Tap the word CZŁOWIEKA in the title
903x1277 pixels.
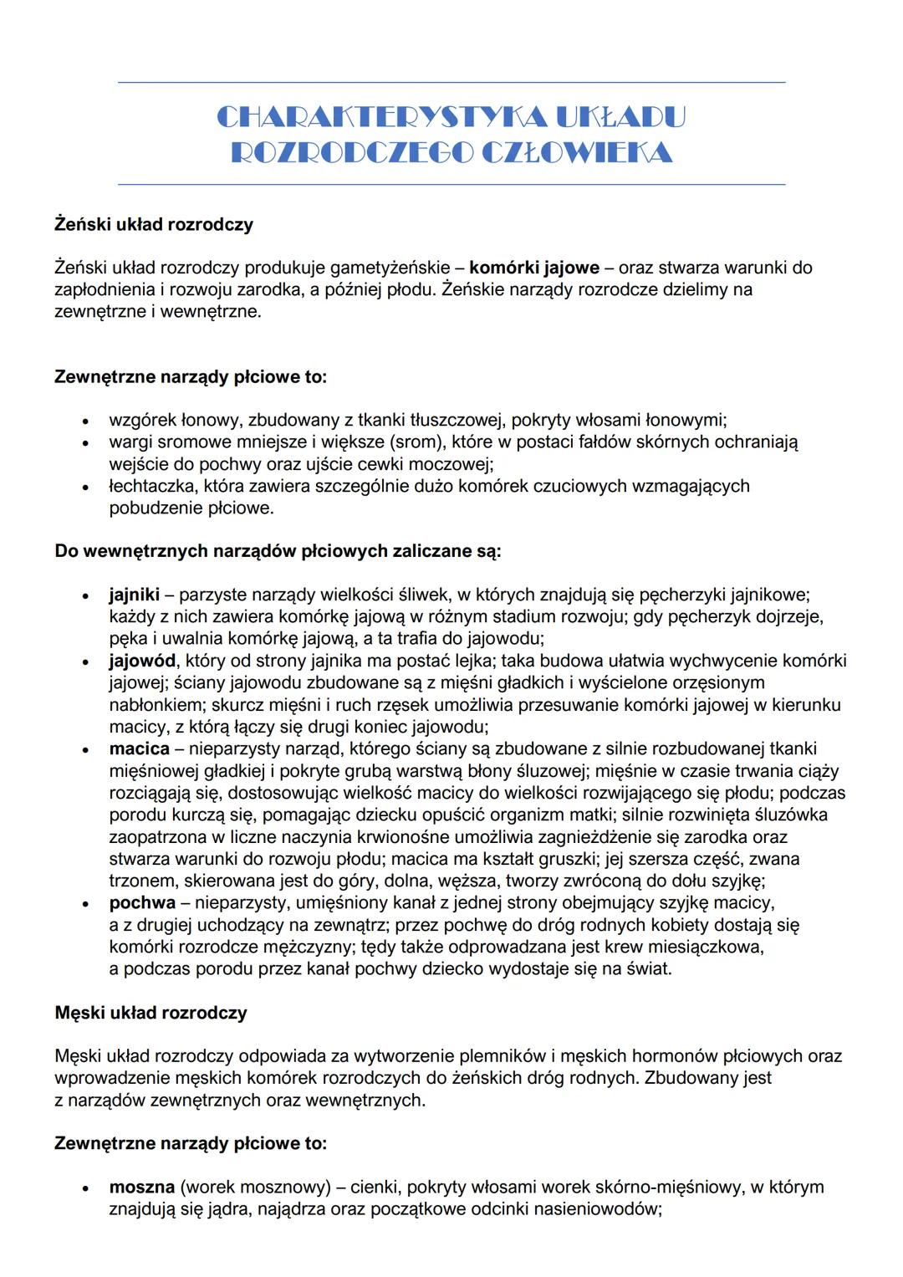(578, 153)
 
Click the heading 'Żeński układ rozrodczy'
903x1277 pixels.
(154, 224)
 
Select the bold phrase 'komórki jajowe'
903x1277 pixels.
(534, 268)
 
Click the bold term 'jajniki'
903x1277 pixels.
(134, 595)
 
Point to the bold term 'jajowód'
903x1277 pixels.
(142, 661)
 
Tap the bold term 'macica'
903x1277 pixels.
(139, 748)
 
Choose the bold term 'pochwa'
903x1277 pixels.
(142, 903)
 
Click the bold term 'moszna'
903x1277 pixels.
(141, 1187)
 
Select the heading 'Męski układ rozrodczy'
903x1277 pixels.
(150, 1013)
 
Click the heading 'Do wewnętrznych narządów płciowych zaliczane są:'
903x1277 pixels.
(278, 551)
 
